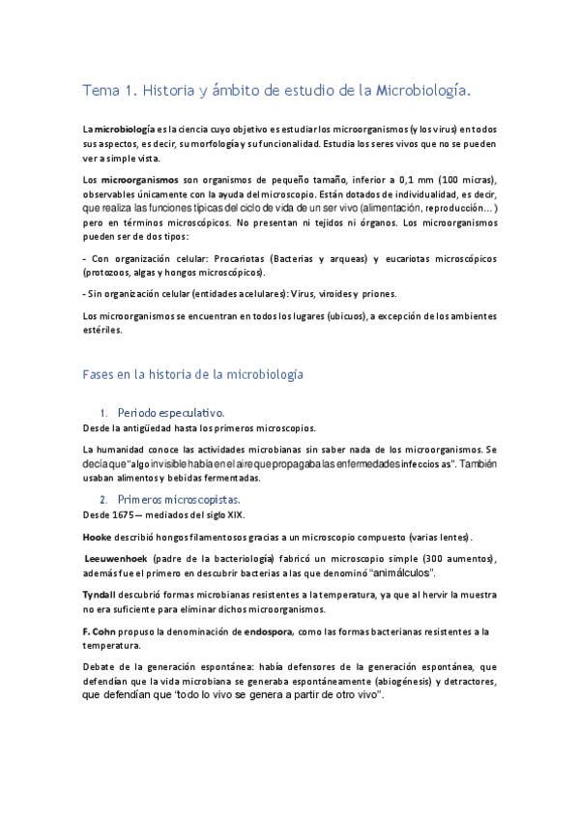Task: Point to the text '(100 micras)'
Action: tap(467, 181)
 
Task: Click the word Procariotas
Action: tap(248, 259)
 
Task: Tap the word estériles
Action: tap(103, 329)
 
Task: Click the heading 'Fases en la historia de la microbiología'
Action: tap(193, 373)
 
